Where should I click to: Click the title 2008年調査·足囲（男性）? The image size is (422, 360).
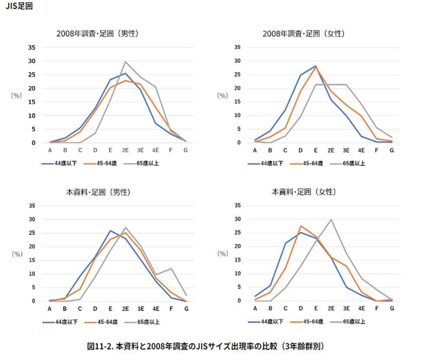(x=100, y=33)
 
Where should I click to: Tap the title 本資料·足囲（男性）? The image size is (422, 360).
(x=100, y=192)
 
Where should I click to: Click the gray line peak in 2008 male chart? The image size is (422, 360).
(x=126, y=61)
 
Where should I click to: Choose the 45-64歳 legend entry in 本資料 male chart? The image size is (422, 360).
(x=101, y=322)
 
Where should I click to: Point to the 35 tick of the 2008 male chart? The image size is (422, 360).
(x=32, y=48)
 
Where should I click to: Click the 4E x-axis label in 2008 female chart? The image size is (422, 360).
(x=361, y=151)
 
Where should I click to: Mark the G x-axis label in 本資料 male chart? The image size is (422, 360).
(x=186, y=309)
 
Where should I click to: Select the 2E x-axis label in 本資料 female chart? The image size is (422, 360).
(x=331, y=309)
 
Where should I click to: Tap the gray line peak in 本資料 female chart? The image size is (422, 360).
(x=331, y=219)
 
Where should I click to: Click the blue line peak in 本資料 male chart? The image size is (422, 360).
(x=110, y=231)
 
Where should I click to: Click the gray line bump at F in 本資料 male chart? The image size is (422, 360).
(x=171, y=268)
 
